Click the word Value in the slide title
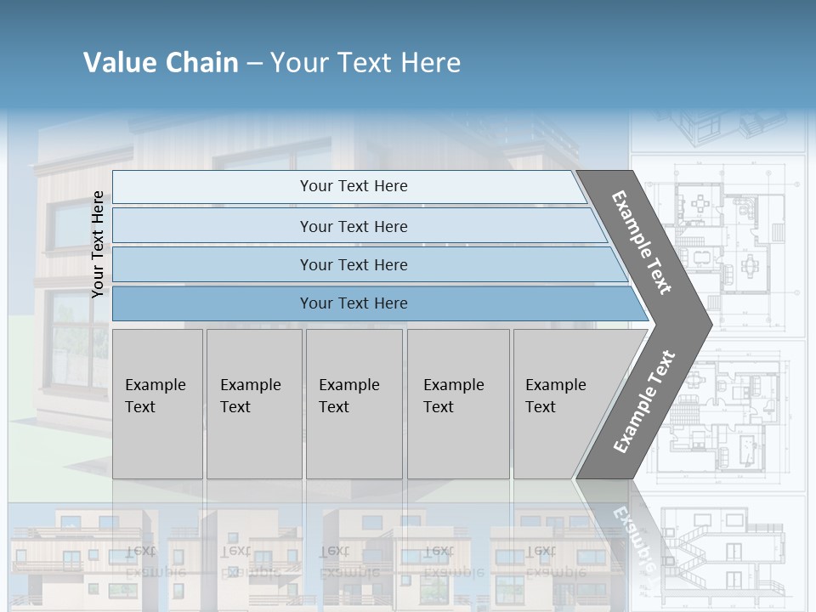pyautogui.click(x=117, y=63)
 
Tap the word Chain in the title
pyautogui.click(x=202, y=63)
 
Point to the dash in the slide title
pyautogui.click(x=254, y=64)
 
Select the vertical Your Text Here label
pyautogui.click(x=99, y=244)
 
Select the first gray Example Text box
pyautogui.click(x=157, y=404)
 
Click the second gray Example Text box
pyautogui.click(x=253, y=404)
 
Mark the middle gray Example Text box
pyautogui.click(x=354, y=404)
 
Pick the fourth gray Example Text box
pyautogui.click(x=457, y=404)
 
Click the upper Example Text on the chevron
pyautogui.click(x=642, y=242)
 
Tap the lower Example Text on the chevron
pyautogui.click(x=643, y=402)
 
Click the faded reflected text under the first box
pyautogui.click(x=144, y=561)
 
